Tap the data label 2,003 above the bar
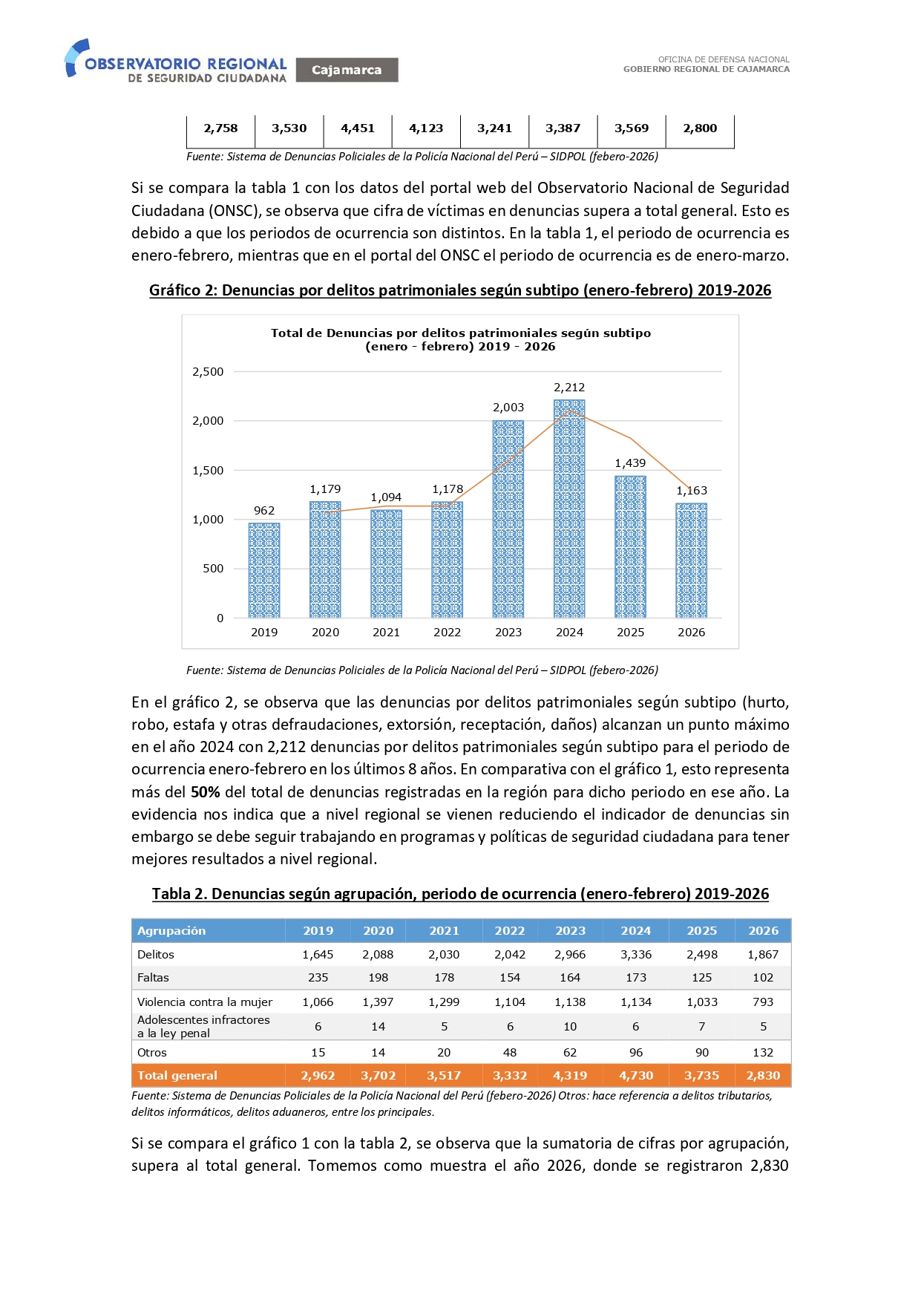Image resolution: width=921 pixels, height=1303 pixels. point(508,408)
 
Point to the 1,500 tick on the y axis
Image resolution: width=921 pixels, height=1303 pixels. point(208,471)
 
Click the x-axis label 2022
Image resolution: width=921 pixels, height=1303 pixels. point(447,633)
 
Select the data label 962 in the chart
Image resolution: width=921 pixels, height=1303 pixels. point(264,511)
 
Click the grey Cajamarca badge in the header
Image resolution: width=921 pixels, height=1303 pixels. point(347,70)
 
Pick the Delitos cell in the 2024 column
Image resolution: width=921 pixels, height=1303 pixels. point(636,955)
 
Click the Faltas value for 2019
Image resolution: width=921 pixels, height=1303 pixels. point(318,978)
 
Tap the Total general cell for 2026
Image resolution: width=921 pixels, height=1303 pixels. point(763,1076)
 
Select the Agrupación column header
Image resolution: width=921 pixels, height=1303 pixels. point(171,931)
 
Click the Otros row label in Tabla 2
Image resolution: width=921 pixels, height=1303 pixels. point(152,1053)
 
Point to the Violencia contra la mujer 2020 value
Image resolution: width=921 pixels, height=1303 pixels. point(378,1002)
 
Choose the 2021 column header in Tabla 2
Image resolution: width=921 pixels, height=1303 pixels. point(444,931)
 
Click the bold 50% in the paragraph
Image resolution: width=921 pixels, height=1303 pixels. point(205,792)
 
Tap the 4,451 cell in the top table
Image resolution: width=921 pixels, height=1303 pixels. point(358,128)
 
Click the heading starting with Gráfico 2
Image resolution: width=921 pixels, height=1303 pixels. point(460,290)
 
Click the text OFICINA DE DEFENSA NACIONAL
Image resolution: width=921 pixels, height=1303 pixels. point(724,59)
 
